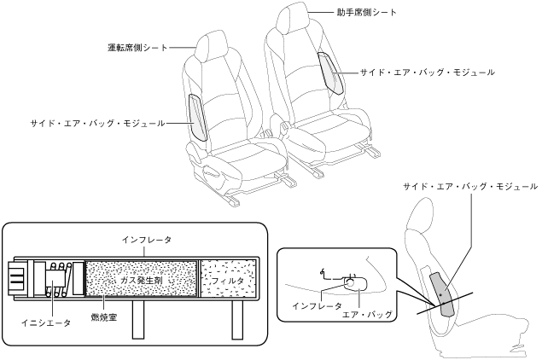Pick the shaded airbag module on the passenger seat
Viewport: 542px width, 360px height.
click(330, 73)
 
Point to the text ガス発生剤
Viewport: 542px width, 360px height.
click(141, 278)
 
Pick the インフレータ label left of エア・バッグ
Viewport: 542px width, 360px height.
click(317, 305)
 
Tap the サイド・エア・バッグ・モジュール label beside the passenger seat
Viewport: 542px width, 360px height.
click(427, 73)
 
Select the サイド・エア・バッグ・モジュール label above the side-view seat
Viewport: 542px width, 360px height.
click(470, 185)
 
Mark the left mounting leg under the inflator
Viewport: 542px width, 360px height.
click(137, 318)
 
